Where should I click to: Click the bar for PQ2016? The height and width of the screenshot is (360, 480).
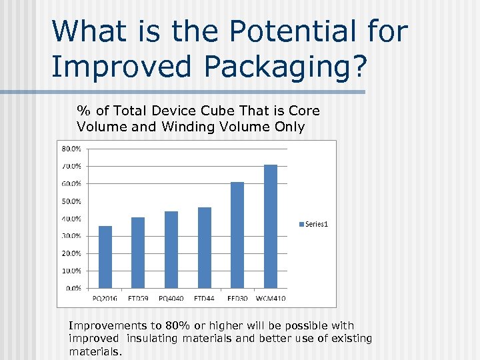pyautogui.click(x=105, y=257)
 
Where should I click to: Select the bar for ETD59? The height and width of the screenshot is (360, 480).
pyautogui.click(x=138, y=253)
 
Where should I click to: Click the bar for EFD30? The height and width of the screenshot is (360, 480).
pyautogui.click(x=237, y=235)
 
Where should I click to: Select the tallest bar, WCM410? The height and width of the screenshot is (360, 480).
pyautogui.click(x=271, y=226)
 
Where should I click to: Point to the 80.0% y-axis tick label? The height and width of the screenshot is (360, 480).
pyautogui.click(x=72, y=148)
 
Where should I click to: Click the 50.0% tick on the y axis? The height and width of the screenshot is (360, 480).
pyautogui.click(x=72, y=201)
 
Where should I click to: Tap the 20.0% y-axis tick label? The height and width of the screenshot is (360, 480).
pyautogui.click(x=72, y=253)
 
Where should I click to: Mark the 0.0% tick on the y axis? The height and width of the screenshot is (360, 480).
pyautogui.click(x=73, y=288)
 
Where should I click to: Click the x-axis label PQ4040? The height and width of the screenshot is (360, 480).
pyautogui.click(x=171, y=299)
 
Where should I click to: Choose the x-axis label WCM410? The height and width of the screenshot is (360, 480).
pyautogui.click(x=271, y=299)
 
